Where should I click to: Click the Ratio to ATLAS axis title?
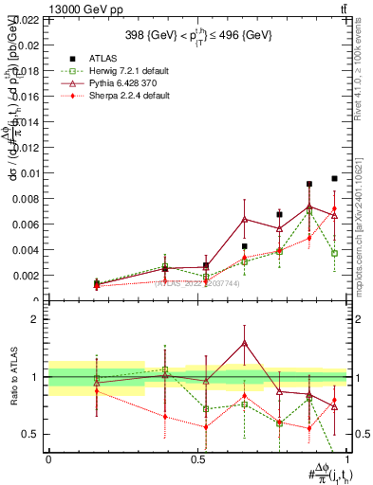click(x=11, y=376)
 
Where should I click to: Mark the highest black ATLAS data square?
click(x=334, y=178)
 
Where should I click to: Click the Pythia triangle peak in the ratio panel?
click(x=244, y=343)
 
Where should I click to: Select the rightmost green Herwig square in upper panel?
click(x=334, y=253)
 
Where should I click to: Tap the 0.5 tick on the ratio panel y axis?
click(x=31, y=434)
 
